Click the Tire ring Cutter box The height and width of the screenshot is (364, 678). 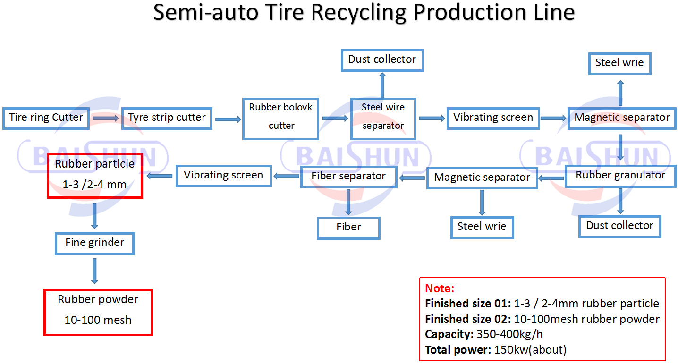pyautogui.click(x=46, y=118)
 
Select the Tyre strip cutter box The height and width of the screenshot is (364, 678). pyautogui.click(x=167, y=118)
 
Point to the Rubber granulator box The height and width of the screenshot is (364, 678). pyautogui.click(x=620, y=176)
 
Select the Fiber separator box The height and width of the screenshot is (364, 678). pyautogui.click(x=348, y=177)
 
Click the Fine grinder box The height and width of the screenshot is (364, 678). pyautogui.click(x=94, y=243)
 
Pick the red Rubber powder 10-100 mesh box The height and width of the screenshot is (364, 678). pyautogui.click(x=98, y=312)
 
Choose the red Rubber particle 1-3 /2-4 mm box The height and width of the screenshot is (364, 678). pyautogui.click(x=95, y=175)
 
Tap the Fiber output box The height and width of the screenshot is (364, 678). pyautogui.click(x=348, y=228)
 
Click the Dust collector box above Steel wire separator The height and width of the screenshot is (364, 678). pyautogui.click(x=382, y=60)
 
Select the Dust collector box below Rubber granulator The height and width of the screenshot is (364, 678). pyautogui.click(x=619, y=226)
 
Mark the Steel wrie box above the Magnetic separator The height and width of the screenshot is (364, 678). pyautogui.click(x=619, y=63)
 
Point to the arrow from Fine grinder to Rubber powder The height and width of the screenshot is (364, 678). pyautogui.click(x=95, y=271)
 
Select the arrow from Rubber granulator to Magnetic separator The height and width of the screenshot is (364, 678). pyautogui.click(x=551, y=178)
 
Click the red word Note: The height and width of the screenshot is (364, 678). pyautogui.click(x=440, y=288)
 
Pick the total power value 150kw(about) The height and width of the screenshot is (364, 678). pyautogui.click(x=530, y=350)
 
